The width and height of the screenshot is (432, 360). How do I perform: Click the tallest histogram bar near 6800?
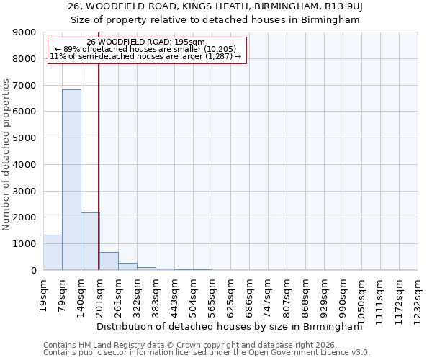(x=71, y=180)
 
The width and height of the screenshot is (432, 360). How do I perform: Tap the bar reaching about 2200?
(x=90, y=241)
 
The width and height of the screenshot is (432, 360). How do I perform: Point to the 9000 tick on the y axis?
(x=24, y=32)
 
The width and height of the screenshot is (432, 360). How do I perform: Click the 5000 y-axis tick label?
(x=24, y=138)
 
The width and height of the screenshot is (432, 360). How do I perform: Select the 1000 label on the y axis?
(x=24, y=244)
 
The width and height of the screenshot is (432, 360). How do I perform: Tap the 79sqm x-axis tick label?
(x=63, y=294)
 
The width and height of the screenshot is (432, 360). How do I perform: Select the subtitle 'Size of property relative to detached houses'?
(x=215, y=20)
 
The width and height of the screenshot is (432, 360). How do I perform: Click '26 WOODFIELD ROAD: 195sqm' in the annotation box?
(x=146, y=42)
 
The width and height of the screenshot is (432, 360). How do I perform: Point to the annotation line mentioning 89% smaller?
(x=146, y=49)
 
